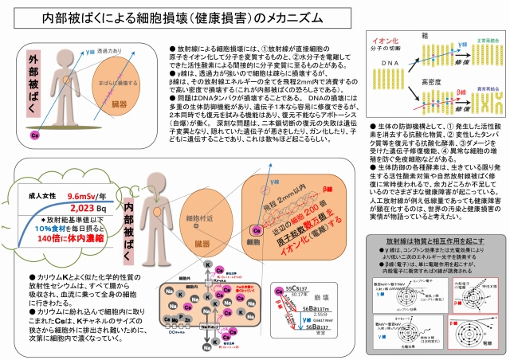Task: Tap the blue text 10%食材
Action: coord(57,248)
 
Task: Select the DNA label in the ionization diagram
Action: coord(385,62)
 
